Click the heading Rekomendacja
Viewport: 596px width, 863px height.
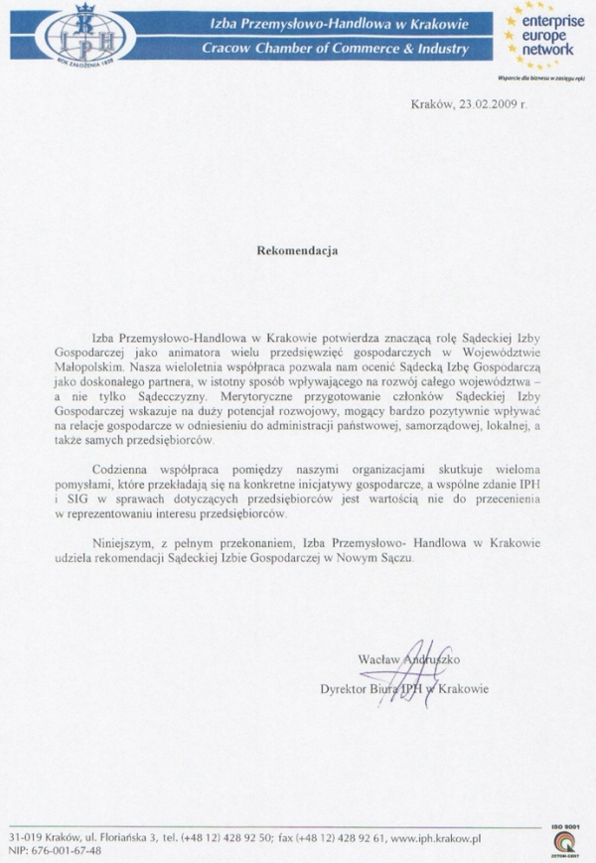click(x=297, y=251)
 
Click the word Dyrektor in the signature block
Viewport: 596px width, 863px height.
click(x=342, y=688)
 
